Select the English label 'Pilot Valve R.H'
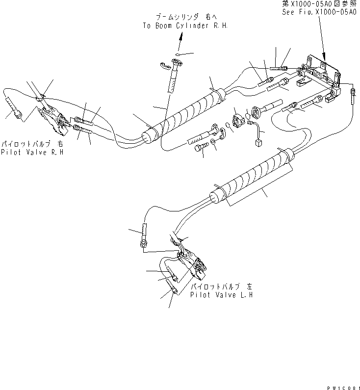coord(33,153)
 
